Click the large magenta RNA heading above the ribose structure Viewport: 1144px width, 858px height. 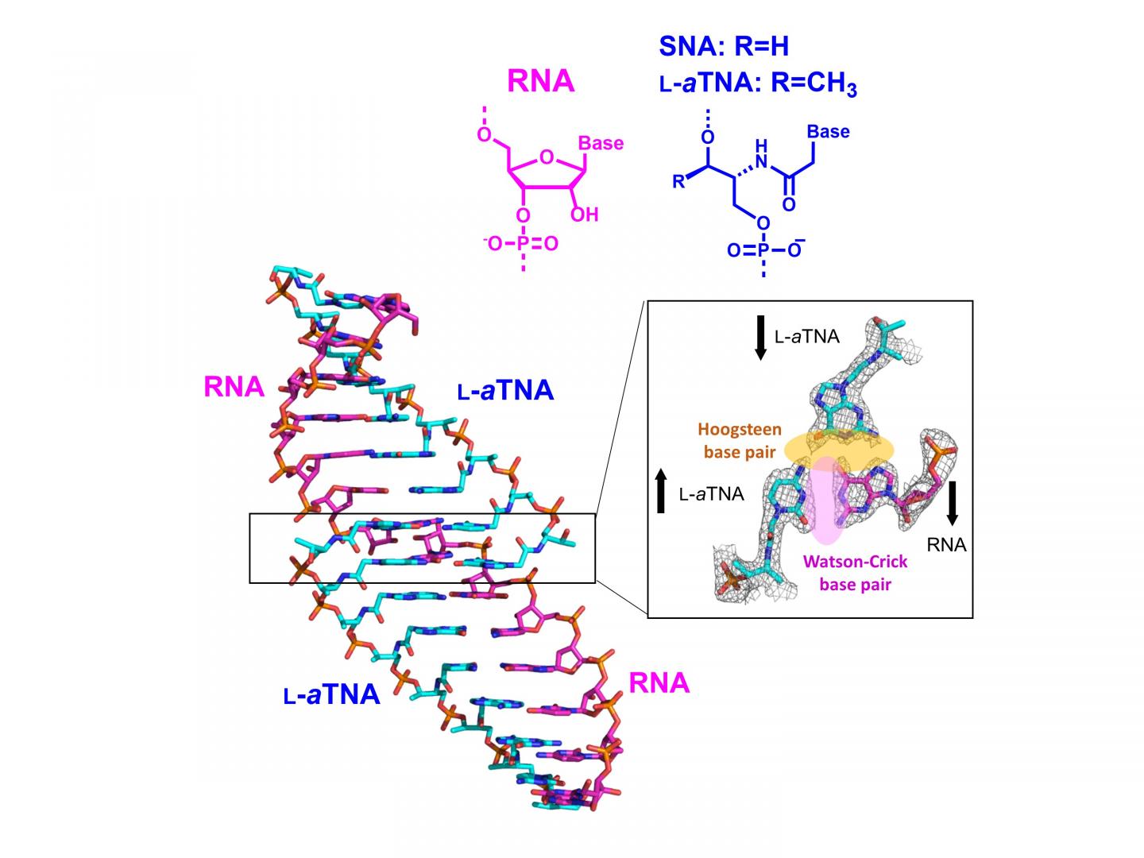[x=540, y=81]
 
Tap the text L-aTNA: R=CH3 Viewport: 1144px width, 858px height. [x=758, y=83]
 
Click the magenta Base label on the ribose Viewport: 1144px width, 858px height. [x=601, y=143]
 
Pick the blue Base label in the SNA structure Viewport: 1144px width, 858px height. [x=828, y=131]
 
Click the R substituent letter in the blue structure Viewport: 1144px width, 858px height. [x=678, y=182]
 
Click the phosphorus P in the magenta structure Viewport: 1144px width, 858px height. [x=523, y=244]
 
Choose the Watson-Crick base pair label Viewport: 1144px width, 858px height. [x=855, y=573]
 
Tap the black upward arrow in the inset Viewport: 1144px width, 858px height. [x=660, y=491]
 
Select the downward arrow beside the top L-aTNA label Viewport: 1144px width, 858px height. [x=759, y=338]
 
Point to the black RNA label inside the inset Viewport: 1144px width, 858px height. [x=946, y=545]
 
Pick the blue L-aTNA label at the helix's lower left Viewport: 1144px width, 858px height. [x=332, y=694]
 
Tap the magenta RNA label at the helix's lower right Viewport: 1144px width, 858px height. [x=659, y=682]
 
